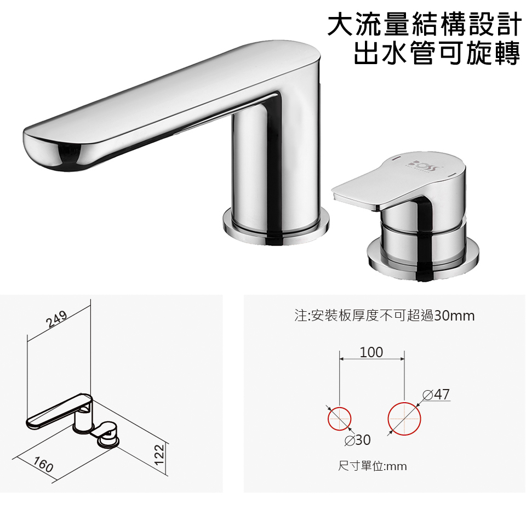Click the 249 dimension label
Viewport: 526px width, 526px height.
coord(56,319)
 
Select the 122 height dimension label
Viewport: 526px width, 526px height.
coord(159,454)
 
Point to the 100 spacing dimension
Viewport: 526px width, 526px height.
coord(371,352)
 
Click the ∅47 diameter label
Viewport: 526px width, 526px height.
coord(436,395)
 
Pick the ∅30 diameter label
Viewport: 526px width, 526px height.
coord(358,440)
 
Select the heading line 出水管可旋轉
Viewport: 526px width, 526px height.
coord(437,53)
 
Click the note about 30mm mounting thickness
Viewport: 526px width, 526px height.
coord(385,316)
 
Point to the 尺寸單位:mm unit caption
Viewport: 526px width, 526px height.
coord(373,466)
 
